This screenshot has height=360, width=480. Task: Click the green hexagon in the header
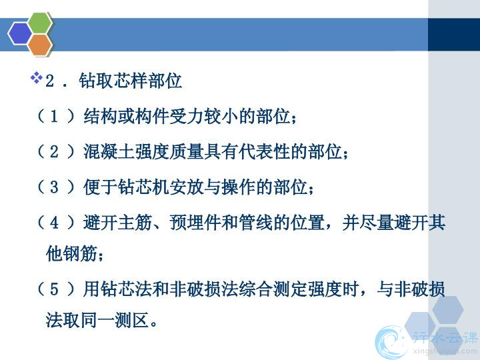click(40, 23)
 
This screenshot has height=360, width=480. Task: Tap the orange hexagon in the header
click(40, 45)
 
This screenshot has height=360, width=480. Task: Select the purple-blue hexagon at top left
click(20, 34)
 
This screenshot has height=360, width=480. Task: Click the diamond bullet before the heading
click(37, 77)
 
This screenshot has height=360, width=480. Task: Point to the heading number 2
click(49, 81)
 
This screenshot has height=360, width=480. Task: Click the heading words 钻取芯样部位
click(131, 81)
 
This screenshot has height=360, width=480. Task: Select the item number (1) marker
click(55, 116)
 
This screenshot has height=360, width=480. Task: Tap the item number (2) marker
click(55, 151)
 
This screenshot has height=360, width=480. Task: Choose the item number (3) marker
click(55, 187)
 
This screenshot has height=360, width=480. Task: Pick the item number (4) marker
click(55, 222)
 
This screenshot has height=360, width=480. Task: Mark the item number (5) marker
click(55, 289)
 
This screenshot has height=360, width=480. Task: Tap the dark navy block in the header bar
click(454, 34)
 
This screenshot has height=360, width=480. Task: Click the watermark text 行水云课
click(445, 337)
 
